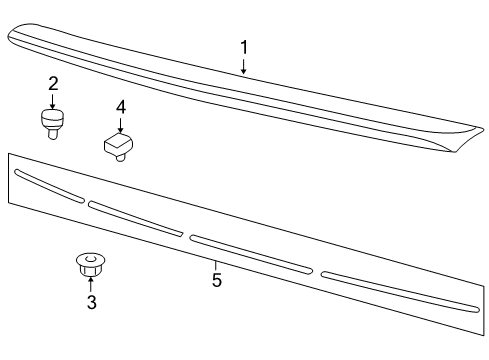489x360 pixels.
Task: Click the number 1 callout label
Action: (243, 47)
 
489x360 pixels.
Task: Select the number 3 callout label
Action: (91, 303)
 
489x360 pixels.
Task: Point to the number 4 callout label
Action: (120, 106)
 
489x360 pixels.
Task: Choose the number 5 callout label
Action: (216, 280)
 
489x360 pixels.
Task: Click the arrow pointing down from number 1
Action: (243, 66)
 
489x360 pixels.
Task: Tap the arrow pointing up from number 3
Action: (90, 285)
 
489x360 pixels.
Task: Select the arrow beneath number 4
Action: (120, 124)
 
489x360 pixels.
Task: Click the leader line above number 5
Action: (216, 264)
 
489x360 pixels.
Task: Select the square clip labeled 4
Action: (119, 147)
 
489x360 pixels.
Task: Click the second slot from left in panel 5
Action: (135, 219)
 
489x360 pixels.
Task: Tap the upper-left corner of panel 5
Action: (9, 155)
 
